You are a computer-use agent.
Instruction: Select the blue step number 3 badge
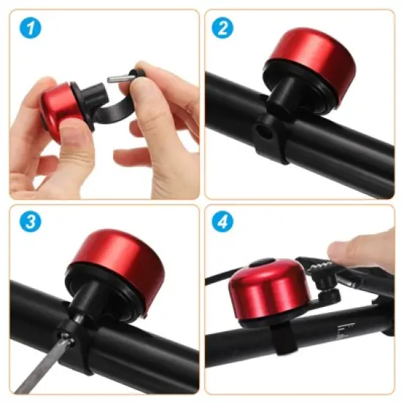31,223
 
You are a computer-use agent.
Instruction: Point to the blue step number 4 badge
223,223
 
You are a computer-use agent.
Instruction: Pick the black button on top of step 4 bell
259,262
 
